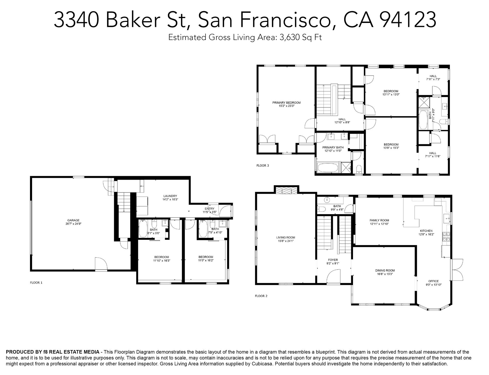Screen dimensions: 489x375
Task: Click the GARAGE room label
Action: tap(73, 220)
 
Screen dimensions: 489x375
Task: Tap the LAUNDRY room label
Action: tap(170, 196)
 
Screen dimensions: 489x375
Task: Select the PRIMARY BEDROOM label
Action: tap(287, 103)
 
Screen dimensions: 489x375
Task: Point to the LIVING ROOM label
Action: tap(286, 238)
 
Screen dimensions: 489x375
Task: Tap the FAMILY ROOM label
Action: tap(379, 220)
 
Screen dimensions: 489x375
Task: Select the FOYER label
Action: tap(333, 260)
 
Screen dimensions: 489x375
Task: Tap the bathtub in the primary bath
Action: tap(327, 168)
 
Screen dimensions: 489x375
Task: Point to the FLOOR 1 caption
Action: tap(36, 283)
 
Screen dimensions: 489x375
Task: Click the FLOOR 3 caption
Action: tap(263, 165)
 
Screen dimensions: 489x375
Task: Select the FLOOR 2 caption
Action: tap(261, 296)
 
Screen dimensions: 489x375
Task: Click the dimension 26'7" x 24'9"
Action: tap(73, 224)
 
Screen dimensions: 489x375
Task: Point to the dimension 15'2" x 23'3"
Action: tap(287, 106)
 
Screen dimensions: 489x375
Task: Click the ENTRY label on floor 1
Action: tap(209, 209)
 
